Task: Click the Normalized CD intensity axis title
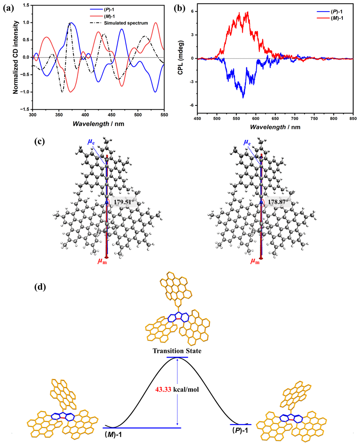coord(15,57)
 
